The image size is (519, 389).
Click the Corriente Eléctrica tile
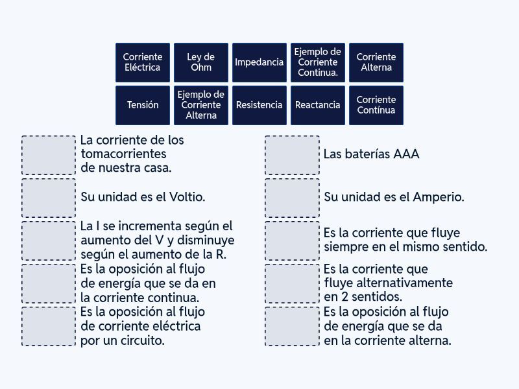(143, 62)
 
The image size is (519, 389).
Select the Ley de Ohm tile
(201, 62)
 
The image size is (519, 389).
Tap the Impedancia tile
(259, 62)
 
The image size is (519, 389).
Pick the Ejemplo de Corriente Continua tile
(318, 62)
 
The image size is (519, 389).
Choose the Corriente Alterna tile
(376, 62)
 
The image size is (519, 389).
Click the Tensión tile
(143, 105)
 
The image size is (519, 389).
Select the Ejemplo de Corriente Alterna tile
(201, 105)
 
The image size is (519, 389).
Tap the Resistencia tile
(259, 105)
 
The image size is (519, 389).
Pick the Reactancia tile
(318, 105)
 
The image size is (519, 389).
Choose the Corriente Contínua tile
(376, 105)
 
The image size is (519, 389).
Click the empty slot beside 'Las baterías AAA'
(293, 155)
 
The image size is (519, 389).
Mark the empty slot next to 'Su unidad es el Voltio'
(49, 198)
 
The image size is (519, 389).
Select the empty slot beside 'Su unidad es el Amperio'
(293, 198)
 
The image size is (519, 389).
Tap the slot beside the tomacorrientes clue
(49, 155)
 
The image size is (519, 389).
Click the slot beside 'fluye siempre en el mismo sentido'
(293, 241)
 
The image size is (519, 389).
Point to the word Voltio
(187, 197)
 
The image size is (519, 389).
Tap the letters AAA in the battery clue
(406, 154)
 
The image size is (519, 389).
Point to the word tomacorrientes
(123, 154)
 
